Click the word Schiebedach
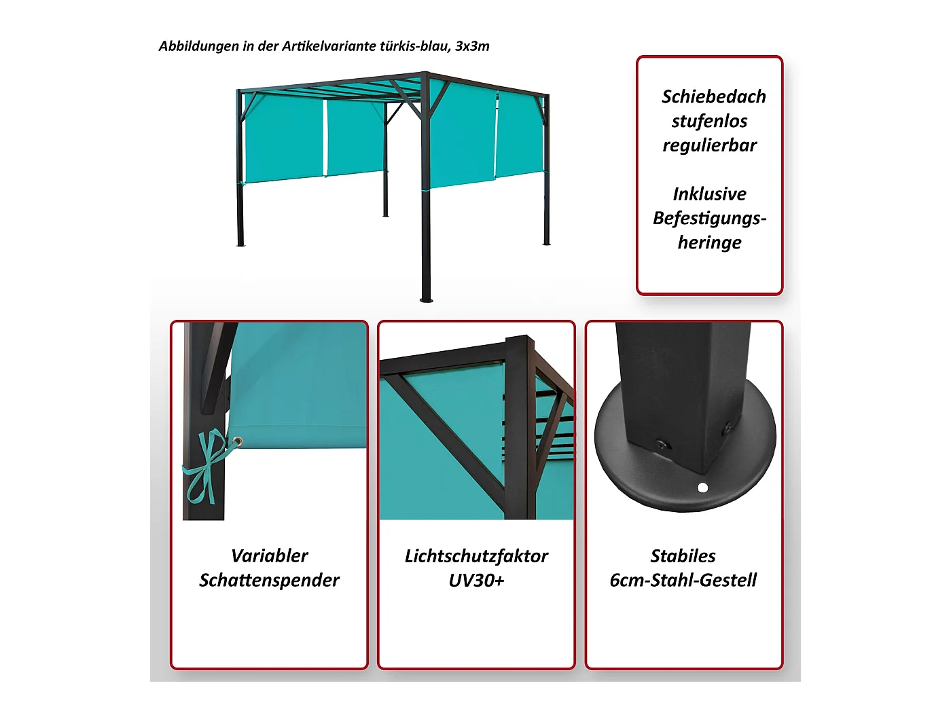tap(713, 96)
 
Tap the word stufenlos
tap(709, 122)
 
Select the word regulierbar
tap(709, 146)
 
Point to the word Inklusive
tap(709, 194)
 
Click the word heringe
tap(709, 243)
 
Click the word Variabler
tap(269, 556)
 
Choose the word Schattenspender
tap(269, 581)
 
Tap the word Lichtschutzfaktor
tap(476, 556)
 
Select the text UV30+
tap(476, 581)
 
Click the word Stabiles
tap(683, 556)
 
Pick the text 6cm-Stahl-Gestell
tap(683, 580)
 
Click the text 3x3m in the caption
tap(472, 46)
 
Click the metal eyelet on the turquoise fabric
tap(238, 441)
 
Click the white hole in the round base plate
tap(702, 488)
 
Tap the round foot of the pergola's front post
tap(427, 299)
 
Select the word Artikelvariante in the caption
tap(329, 46)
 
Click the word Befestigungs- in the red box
tap(709, 219)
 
